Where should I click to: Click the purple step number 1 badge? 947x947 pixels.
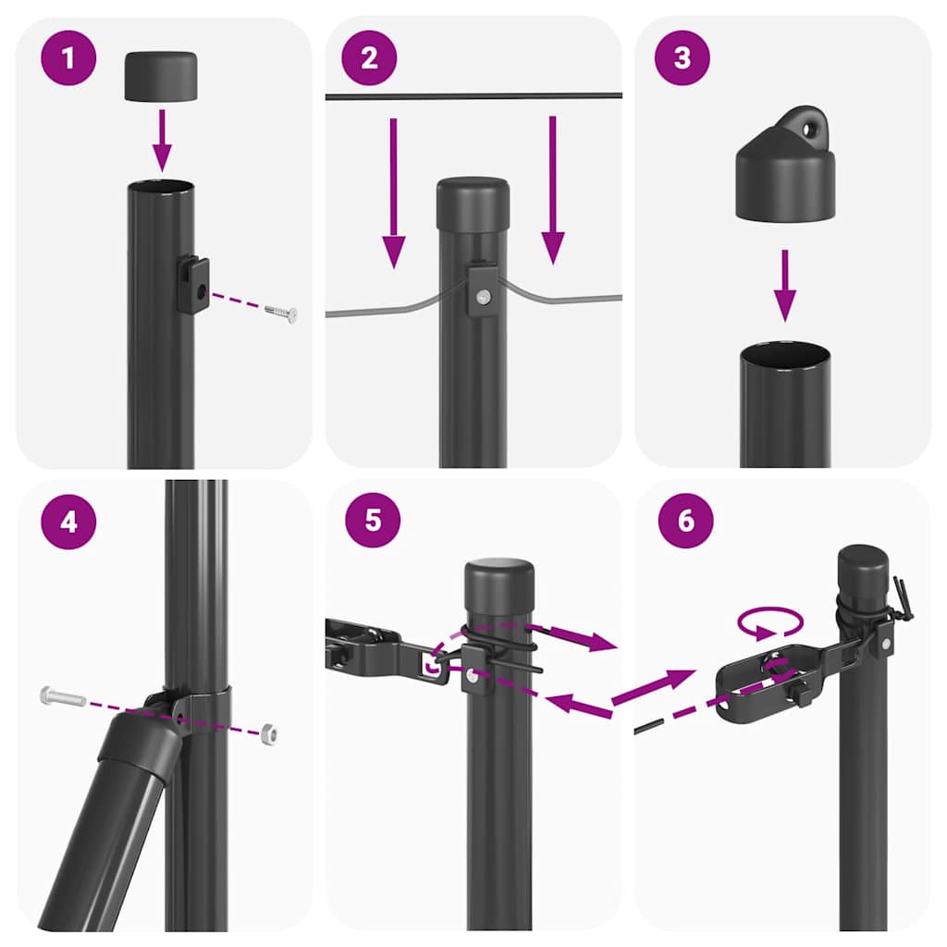[68, 58]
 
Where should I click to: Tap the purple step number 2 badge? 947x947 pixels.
[370, 58]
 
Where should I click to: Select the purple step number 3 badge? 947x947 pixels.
[683, 58]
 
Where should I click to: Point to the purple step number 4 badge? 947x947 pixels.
[68, 521]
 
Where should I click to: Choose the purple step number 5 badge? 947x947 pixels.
[372, 519]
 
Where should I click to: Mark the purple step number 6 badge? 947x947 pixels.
[685, 520]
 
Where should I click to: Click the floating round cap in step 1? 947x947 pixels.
[161, 77]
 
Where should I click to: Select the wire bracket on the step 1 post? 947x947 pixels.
[193, 285]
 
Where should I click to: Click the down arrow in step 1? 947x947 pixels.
[162, 139]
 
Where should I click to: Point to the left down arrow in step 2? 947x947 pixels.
[394, 194]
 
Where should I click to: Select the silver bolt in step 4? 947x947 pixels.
[64, 695]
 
